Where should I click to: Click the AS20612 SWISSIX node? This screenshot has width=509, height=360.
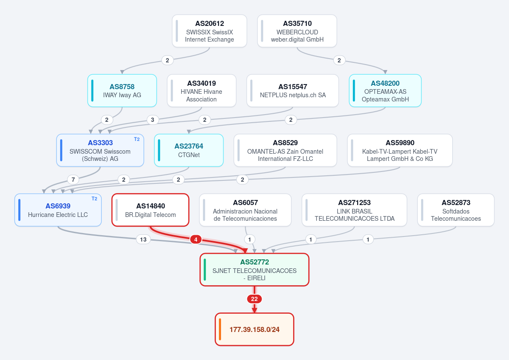point(209,31)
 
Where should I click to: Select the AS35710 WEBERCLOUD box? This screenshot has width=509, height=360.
point(297,31)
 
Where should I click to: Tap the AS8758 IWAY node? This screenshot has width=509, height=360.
point(122,90)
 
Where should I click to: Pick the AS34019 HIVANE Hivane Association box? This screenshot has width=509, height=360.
point(201,90)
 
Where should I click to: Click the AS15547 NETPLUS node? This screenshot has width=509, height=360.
point(293,90)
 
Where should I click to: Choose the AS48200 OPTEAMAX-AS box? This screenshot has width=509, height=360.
point(385,90)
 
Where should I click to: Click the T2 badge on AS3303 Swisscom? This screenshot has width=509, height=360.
point(137,139)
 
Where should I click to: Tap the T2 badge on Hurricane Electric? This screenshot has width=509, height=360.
point(94,199)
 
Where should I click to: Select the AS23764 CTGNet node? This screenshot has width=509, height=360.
point(189,150)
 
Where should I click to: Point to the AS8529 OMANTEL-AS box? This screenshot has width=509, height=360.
point(285,150)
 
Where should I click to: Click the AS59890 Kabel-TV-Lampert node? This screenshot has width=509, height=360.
point(400,150)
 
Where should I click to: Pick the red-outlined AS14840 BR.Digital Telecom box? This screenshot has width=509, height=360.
point(151,210)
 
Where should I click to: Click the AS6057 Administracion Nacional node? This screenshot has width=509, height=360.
point(245,210)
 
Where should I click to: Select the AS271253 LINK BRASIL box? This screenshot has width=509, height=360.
point(354,210)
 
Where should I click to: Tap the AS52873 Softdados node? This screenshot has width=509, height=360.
point(456,210)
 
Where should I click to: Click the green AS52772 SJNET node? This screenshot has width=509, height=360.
point(255,270)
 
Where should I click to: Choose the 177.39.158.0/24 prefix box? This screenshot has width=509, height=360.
point(255,329)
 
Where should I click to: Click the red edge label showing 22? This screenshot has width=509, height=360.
point(254,299)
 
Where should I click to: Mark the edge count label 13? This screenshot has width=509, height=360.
point(143,239)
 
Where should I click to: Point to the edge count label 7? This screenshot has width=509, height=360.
point(73,180)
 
